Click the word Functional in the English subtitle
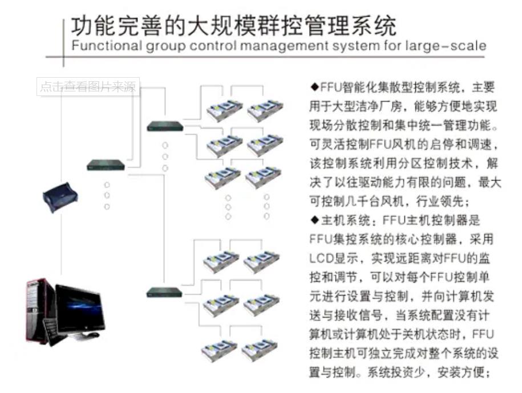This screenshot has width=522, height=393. coord(100,46)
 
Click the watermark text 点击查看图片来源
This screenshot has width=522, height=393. coord(88,87)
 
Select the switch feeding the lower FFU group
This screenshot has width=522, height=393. coord(164,292)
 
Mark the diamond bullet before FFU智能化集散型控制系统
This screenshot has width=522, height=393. coord(314,87)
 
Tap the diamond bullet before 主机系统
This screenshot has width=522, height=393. coord(314,219)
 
